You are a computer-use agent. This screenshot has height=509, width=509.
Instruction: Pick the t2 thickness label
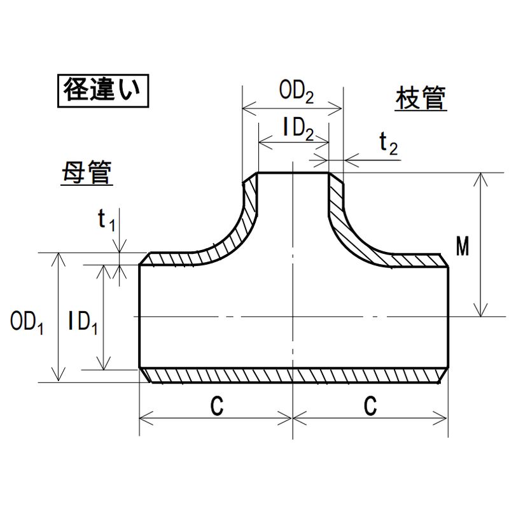388,144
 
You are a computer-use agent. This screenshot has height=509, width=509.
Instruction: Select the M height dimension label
463,247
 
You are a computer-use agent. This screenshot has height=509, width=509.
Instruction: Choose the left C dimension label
216,405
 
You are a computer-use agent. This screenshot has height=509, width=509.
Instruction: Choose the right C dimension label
372,405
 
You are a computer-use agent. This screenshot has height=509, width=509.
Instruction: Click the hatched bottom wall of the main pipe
293,376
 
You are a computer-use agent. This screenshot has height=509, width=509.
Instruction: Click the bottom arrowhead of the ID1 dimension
102,364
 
